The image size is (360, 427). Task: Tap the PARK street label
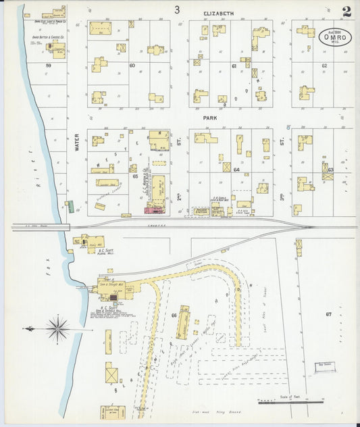(x=210, y=116)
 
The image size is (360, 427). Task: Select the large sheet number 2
(x=346, y=11)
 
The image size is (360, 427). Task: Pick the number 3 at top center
(x=177, y=10)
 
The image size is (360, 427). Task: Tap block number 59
(x=48, y=65)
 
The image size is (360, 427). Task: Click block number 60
(x=132, y=65)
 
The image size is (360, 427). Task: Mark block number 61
(x=234, y=66)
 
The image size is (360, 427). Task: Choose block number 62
(x=324, y=66)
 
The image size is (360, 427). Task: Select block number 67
(x=328, y=314)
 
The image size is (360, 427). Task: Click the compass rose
(x=58, y=329)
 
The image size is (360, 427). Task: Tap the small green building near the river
(x=67, y=207)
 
